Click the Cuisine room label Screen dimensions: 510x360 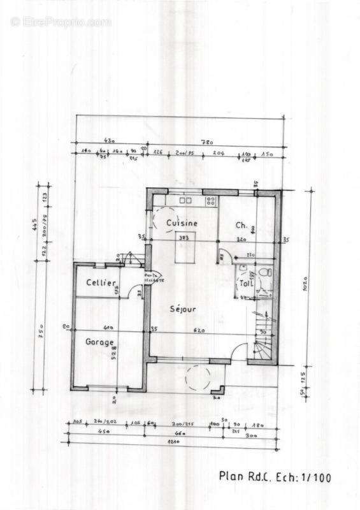(x=182, y=223)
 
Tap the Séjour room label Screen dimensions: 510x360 (x=183, y=309)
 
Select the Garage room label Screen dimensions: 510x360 (x=101, y=342)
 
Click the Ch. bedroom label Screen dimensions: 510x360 (x=241, y=225)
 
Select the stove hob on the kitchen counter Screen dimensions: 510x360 (x=210, y=201)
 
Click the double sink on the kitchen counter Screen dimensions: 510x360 (x=185, y=200)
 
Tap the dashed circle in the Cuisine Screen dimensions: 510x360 (x=163, y=222)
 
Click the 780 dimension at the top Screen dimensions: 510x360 (x=207, y=142)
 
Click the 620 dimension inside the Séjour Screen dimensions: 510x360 (x=198, y=330)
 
